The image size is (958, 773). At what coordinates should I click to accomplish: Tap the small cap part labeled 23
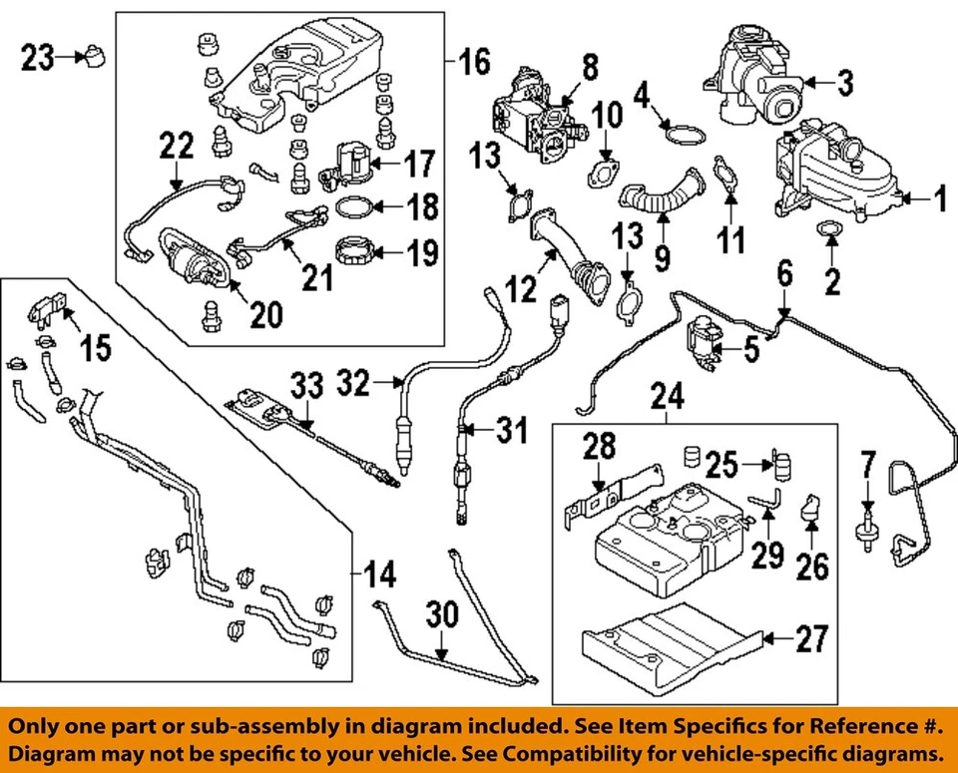pos(96,55)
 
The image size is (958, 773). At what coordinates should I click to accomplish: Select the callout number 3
pos(844,84)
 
